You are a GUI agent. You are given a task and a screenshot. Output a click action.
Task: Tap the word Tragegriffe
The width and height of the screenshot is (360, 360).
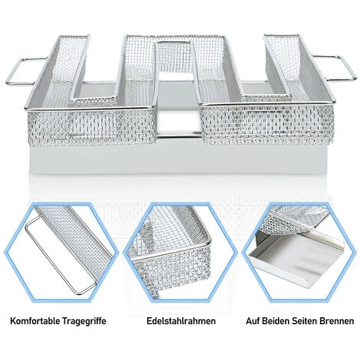(83, 321)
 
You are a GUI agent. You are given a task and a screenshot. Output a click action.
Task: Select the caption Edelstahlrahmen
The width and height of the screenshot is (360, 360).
(181, 321)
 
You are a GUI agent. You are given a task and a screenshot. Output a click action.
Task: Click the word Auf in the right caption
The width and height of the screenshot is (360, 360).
(253, 321)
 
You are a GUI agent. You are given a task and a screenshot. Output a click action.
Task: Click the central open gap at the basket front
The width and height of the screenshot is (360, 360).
(178, 122)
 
